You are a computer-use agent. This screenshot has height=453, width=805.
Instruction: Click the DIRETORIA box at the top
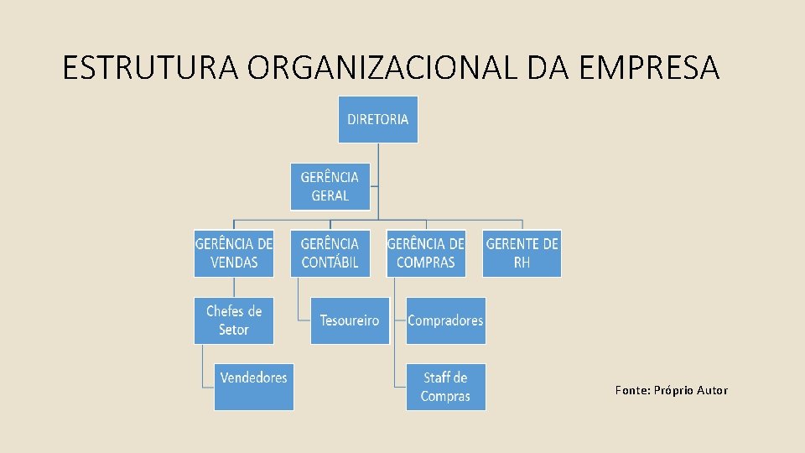point(378,119)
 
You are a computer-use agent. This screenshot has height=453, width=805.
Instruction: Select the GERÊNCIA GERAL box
point(330,186)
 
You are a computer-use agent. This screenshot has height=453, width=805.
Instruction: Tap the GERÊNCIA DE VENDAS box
point(234,253)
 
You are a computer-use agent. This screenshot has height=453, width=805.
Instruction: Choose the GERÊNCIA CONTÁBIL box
point(330,253)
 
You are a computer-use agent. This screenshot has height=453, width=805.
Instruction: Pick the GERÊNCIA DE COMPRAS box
point(426,253)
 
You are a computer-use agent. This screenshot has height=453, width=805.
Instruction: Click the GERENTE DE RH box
point(522,253)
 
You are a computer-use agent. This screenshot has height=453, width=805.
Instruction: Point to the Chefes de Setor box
point(234,320)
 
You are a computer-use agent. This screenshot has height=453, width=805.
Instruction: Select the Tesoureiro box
point(350,320)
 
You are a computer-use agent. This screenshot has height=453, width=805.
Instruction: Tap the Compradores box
point(445,320)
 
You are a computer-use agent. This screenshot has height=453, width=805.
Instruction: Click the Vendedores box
point(254,387)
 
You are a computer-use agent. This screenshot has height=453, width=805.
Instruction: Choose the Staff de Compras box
point(445,387)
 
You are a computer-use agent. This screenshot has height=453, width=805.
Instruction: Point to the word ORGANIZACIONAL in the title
point(382,68)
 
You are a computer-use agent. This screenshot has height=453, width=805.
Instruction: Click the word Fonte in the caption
point(630,390)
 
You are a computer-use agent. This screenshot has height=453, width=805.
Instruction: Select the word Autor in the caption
point(711,390)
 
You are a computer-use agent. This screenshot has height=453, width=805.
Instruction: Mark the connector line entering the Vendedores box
point(208,387)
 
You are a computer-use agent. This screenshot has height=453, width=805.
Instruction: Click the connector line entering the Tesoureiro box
point(304,320)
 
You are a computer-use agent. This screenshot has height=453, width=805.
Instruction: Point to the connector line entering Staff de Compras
point(400,387)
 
